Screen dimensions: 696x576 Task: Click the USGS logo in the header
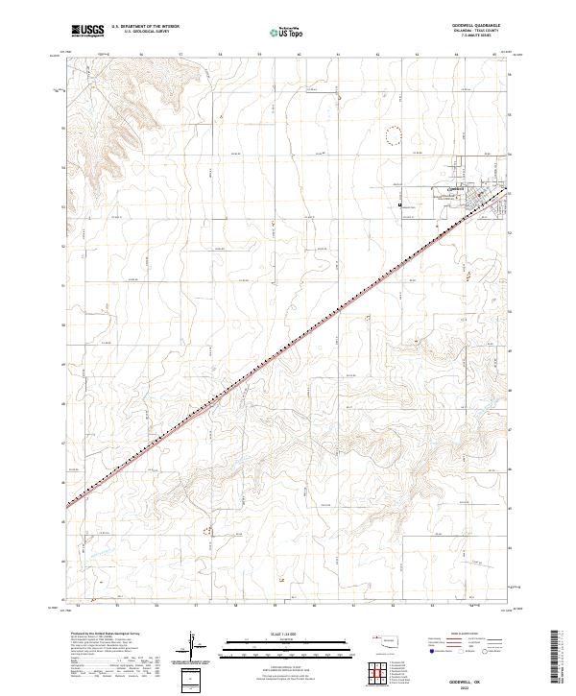pyautogui.click(x=87, y=31)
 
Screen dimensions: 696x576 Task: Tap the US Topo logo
pyautogui.click(x=277, y=33)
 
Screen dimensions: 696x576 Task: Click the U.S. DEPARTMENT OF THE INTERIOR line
pyautogui.click(x=145, y=27)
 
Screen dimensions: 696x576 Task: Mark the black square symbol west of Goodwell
pyautogui.click(x=399, y=204)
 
